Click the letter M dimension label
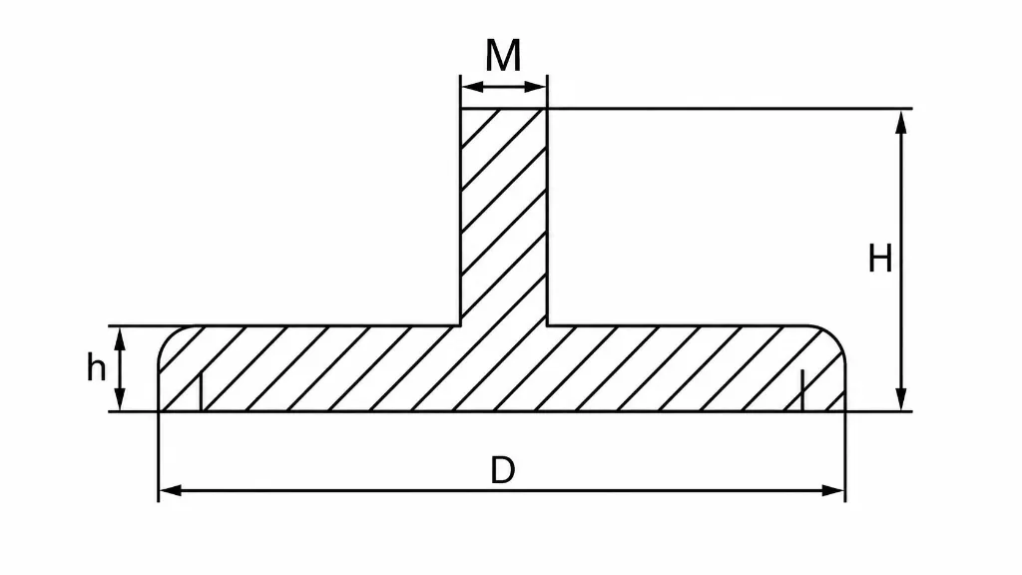[503, 56]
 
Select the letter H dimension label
[880, 259]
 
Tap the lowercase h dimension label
[96, 367]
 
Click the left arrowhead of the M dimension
[472, 87]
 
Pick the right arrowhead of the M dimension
[535, 87]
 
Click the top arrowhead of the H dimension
[901, 121]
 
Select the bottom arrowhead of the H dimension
[901, 399]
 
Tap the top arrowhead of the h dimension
[120, 337]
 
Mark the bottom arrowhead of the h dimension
[120, 399]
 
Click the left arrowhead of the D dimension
[171, 490]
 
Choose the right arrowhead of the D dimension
[833, 490]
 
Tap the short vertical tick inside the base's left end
[201, 391]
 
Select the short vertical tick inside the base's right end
[802, 390]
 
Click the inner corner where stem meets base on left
[461, 325]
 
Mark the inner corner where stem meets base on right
[546, 325]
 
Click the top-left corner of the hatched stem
[461, 109]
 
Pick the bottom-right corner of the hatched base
[845, 410]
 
